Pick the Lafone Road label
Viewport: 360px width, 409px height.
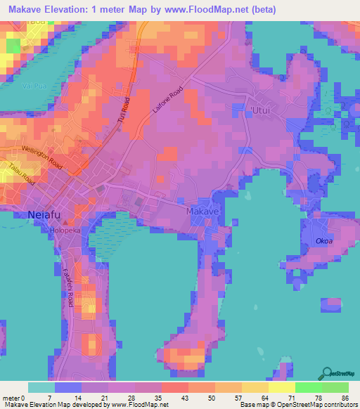click(167, 100)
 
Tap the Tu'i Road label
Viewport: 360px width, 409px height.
click(124, 108)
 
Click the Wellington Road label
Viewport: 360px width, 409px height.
click(42, 157)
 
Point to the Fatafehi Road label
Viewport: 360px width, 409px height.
click(68, 286)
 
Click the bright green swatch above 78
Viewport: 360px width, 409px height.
click(308, 387)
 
